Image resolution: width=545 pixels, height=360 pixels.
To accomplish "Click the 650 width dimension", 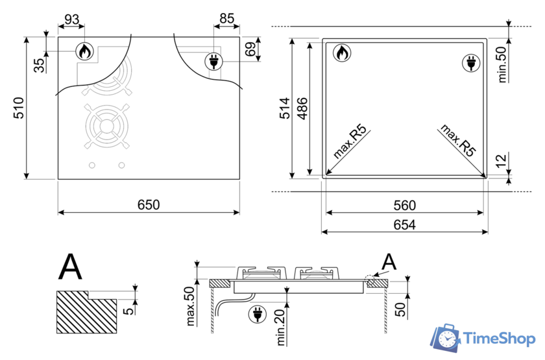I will [x=149, y=204].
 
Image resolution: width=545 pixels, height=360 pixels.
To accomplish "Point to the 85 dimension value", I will [x=226, y=19].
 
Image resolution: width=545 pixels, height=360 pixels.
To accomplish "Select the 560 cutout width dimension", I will [x=404, y=206].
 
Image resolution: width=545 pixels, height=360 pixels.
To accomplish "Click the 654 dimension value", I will [x=404, y=224].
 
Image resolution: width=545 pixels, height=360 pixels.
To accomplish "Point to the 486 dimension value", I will [x=302, y=108].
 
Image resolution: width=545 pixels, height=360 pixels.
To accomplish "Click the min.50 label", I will [x=501, y=64].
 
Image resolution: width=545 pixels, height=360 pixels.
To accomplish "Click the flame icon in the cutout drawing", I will [x=341, y=53].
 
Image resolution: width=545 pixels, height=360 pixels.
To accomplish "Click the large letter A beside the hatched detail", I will [x=71, y=266].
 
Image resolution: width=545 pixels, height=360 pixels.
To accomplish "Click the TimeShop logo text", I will [x=497, y=338].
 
